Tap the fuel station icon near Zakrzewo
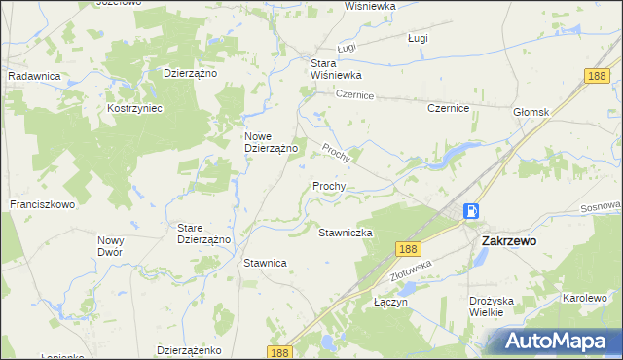point(471,210)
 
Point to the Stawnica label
point(265,263)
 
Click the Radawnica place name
point(35,75)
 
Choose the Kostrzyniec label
point(134,108)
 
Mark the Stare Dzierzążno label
point(202,234)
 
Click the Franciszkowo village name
point(43,205)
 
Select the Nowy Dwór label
point(110,245)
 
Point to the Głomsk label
point(531,112)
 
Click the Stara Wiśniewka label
point(336,69)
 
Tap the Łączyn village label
point(390,303)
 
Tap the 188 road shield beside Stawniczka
point(407,249)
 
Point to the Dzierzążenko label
point(191,349)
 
